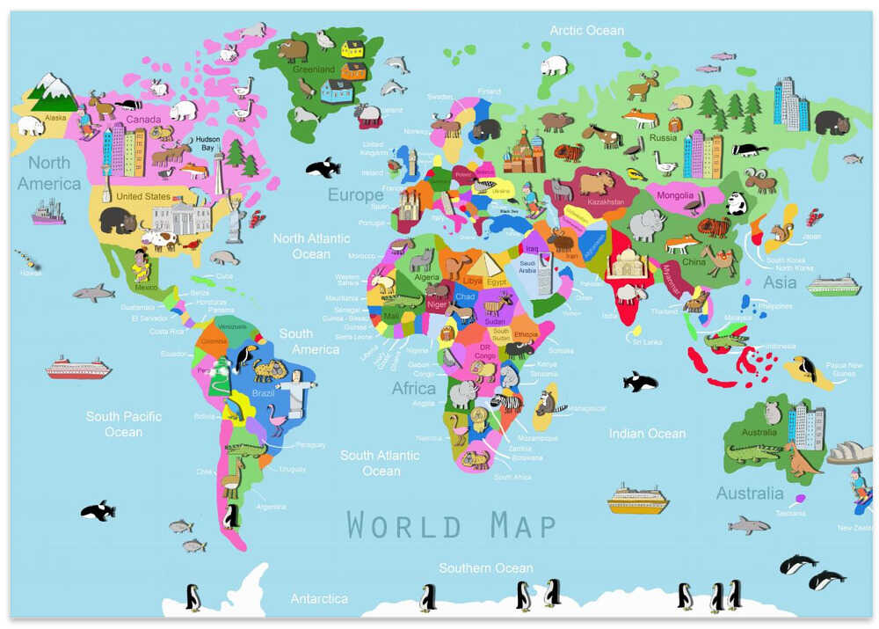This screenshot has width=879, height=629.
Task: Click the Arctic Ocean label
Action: [x=586, y=31]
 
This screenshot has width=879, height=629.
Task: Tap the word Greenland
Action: [x=314, y=69]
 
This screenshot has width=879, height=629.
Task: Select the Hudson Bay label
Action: [x=207, y=143]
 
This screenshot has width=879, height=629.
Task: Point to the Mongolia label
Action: [x=675, y=195]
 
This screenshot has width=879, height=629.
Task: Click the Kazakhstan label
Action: [x=605, y=202]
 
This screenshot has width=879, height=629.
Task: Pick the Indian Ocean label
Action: [x=647, y=433]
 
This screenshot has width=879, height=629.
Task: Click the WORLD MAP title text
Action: [x=451, y=525]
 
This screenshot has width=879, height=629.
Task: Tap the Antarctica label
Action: [x=319, y=598]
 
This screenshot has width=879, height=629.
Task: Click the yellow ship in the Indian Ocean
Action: [x=637, y=499]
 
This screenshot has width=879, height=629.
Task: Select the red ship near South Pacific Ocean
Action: [x=78, y=367]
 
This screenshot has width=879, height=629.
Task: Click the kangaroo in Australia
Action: [x=801, y=459]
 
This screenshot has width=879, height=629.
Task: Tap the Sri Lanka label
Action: [x=645, y=342]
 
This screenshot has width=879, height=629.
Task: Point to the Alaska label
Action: [x=55, y=117]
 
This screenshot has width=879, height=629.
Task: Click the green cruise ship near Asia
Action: [x=834, y=285]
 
